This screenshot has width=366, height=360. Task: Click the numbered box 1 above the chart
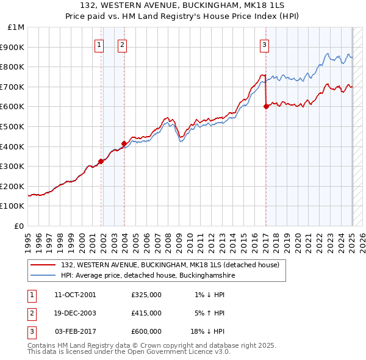99,44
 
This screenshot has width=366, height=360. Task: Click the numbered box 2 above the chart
122,44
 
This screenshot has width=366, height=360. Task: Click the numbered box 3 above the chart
265,44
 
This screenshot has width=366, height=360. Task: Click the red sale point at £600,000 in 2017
266,106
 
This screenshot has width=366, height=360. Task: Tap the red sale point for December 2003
124,143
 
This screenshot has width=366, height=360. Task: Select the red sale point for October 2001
101,161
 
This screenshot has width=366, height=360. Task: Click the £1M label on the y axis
16,27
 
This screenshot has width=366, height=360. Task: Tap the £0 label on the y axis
20,226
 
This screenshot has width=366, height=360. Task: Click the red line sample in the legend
43,265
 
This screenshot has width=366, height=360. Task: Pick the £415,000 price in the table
146,313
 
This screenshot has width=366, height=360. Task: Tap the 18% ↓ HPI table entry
208,331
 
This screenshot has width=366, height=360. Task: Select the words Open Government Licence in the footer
176,351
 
